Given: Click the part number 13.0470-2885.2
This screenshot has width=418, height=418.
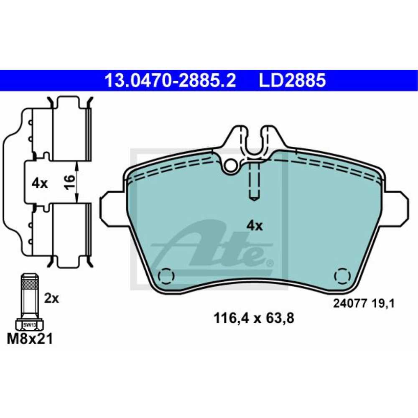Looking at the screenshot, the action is pyautogui.click(x=171, y=80).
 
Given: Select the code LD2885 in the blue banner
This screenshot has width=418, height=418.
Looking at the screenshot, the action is pyautogui.click(x=292, y=80).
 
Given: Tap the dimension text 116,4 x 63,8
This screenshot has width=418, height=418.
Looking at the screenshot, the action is pyautogui.click(x=254, y=318).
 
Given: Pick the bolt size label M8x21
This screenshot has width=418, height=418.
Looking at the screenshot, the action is pyautogui.click(x=30, y=339).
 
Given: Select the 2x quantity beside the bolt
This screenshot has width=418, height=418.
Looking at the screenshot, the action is pyautogui.click(x=51, y=298).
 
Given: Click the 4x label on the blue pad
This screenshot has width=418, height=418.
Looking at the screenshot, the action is pyautogui.click(x=255, y=226).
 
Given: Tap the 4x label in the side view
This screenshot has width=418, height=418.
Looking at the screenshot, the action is pyautogui.click(x=39, y=184).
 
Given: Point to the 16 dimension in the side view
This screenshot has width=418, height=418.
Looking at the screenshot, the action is pyautogui.click(x=70, y=182).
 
